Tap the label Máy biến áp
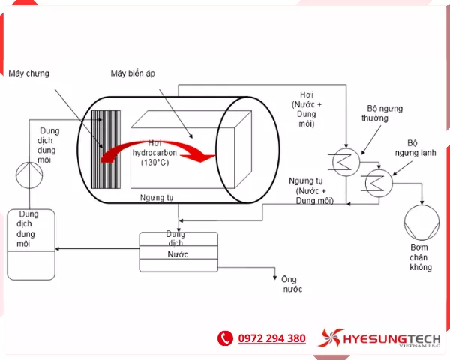click(x=133, y=73)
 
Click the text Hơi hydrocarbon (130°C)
click(x=154, y=152)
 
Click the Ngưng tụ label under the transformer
click(x=157, y=198)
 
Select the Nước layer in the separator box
click(x=178, y=254)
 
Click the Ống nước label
click(x=291, y=283)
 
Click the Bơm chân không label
click(x=420, y=256)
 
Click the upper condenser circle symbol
click(x=346, y=161)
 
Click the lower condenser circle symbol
click(x=376, y=181)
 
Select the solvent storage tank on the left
click(x=30, y=243)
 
